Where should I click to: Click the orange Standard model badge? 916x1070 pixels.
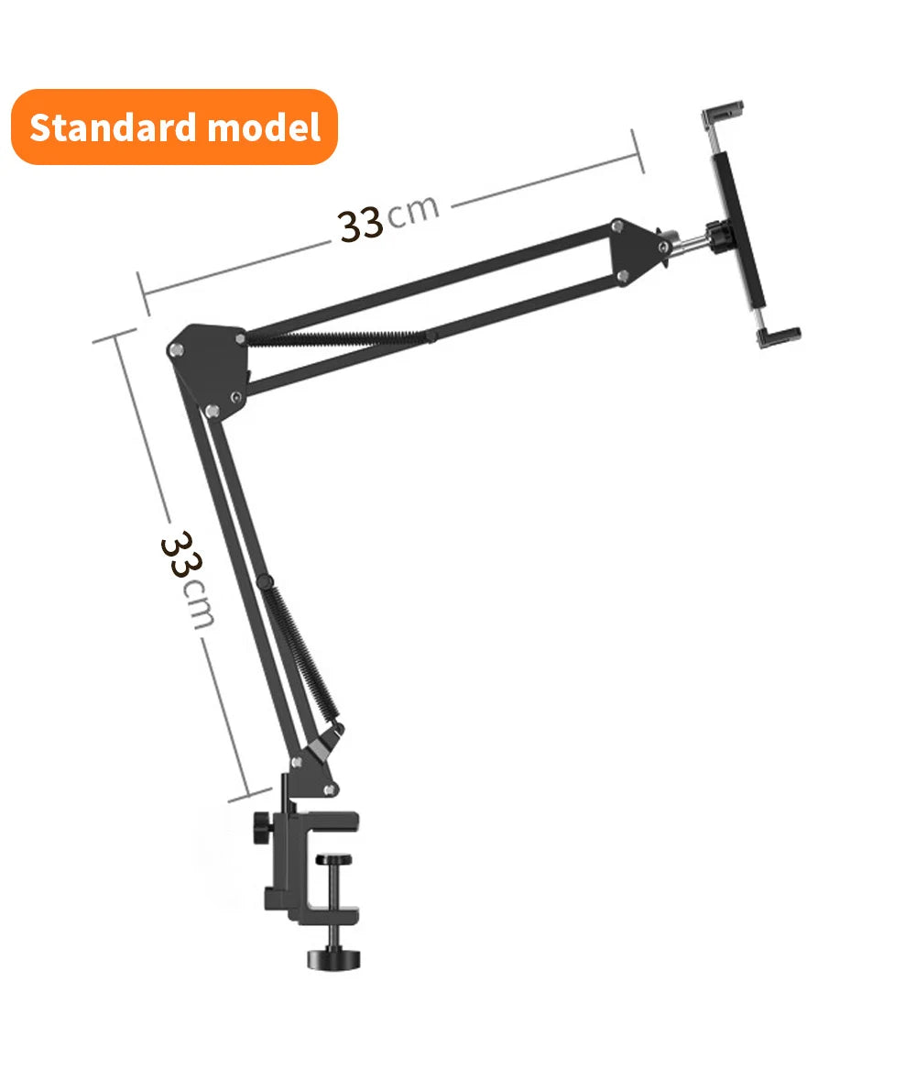(x=174, y=127)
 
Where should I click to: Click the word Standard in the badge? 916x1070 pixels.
(x=114, y=127)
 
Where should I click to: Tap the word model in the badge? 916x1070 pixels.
(x=264, y=127)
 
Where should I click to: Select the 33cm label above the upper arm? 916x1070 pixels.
(x=388, y=217)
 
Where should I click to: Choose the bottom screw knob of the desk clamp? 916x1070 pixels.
(x=333, y=957)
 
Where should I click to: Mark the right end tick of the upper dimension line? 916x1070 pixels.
(x=638, y=151)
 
